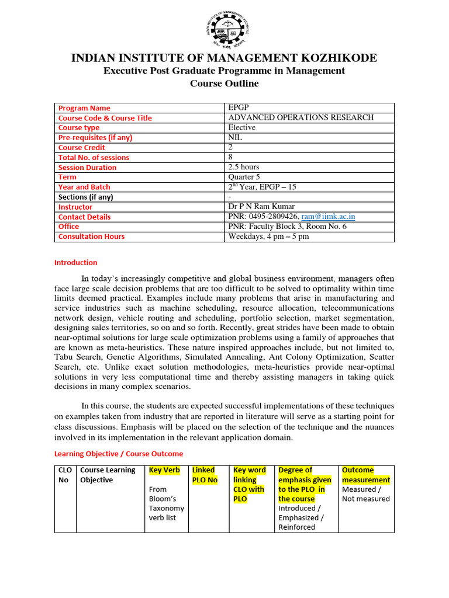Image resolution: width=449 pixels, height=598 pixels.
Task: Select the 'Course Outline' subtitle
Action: tap(224, 84)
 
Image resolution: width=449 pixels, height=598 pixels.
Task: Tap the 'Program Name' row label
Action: tap(84, 108)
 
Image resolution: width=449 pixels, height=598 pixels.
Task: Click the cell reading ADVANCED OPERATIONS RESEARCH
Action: tap(301, 117)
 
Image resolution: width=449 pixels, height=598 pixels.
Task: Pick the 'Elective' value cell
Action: tap(241, 127)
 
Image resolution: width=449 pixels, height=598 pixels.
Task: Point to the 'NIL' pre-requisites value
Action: tap(235, 137)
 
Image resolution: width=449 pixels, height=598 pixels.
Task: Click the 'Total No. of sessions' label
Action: tap(94, 157)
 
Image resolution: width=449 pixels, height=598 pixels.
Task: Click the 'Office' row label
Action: tap(68, 227)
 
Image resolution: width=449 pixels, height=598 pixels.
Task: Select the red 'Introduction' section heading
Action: tap(76, 263)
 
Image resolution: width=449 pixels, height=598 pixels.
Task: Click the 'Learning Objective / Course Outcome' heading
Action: tap(119, 454)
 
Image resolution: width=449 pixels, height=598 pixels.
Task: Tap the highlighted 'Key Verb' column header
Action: tap(164, 470)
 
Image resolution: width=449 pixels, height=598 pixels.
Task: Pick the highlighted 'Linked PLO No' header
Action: tap(204, 475)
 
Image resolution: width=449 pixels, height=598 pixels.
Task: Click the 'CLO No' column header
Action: tap(64, 475)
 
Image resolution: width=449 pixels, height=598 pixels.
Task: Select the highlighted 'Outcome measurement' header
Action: tap(365, 475)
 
